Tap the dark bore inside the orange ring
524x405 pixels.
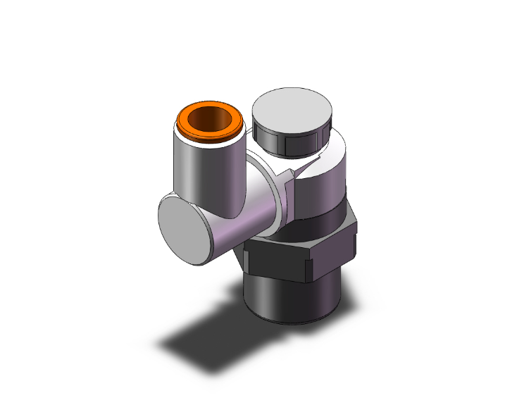coord(210,117)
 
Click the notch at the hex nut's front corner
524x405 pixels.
coord(307,268)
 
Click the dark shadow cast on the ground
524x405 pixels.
coord(204,338)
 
